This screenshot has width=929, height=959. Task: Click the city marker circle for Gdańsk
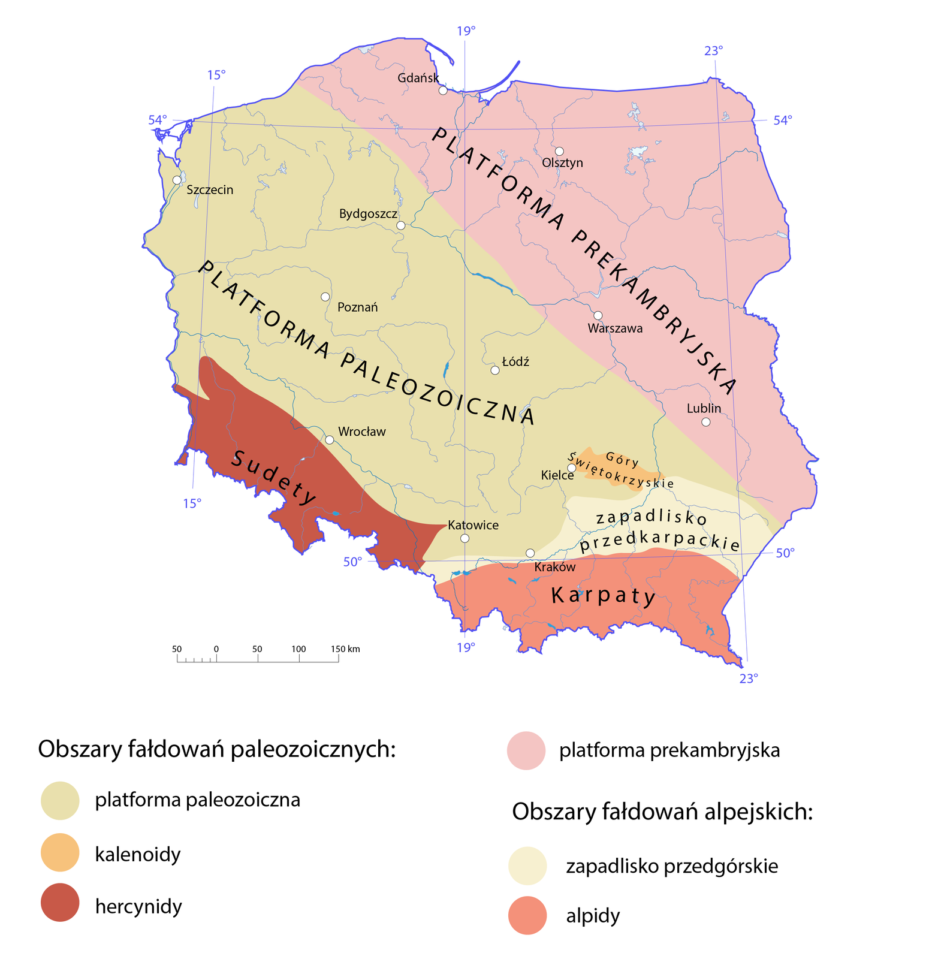[x=443, y=91]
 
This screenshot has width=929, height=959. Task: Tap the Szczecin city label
[x=210, y=190]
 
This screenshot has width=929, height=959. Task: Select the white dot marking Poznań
[x=325, y=297]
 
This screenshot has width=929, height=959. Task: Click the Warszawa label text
[x=615, y=328]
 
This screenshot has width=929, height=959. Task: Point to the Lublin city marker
[x=706, y=422]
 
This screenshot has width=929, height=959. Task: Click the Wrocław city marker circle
[x=329, y=439]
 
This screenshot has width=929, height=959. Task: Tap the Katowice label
[x=473, y=525]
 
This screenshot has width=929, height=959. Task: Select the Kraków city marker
[x=530, y=553]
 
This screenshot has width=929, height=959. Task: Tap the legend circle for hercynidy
[x=60, y=903]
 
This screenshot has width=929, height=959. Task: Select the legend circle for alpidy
[x=527, y=915]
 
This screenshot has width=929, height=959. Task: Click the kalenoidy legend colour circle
[x=60, y=852]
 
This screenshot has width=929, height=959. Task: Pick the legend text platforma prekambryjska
[x=669, y=750]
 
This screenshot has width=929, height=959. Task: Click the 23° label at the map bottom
[x=748, y=678]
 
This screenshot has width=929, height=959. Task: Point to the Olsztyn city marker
[x=559, y=151]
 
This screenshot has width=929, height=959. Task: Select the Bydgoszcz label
[x=368, y=213]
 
